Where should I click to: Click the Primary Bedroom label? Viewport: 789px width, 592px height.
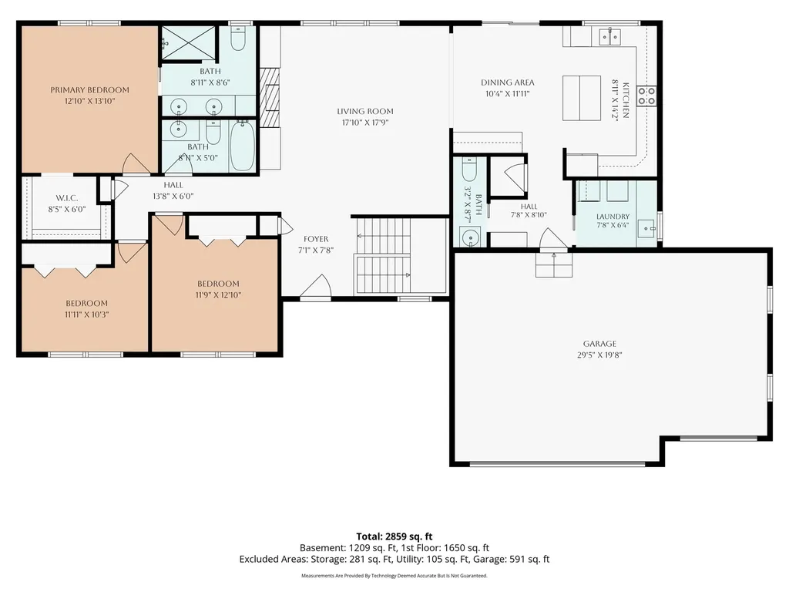coord(89,90)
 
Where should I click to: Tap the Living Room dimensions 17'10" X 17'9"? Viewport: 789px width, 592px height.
coord(365,123)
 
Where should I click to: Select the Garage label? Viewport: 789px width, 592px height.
coord(599,344)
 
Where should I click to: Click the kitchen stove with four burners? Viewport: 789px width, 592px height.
coord(646,96)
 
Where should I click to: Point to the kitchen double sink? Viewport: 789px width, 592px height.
coord(609,37)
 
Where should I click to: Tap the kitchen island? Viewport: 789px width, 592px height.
coord(581,98)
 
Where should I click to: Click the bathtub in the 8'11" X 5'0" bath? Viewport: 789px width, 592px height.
coord(242,146)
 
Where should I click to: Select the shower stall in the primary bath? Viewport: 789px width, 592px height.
coord(188,44)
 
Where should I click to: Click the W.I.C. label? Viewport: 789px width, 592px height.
coord(67,198)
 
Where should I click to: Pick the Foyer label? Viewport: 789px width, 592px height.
coord(316,239)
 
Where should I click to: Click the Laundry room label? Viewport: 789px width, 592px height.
coord(613,217)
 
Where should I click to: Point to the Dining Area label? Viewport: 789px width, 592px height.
coord(507,82)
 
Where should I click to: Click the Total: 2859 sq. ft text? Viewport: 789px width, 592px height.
coord(394,536)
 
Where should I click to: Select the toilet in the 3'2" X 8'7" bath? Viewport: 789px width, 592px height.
coord(469,169)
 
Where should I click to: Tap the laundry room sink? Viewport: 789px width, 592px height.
coord(646,228)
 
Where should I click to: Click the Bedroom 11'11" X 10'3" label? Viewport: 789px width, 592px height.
coord(86,304)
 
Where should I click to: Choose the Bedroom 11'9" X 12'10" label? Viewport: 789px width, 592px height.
coord(218,284)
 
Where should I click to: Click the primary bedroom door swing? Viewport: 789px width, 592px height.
coord(136,163)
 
